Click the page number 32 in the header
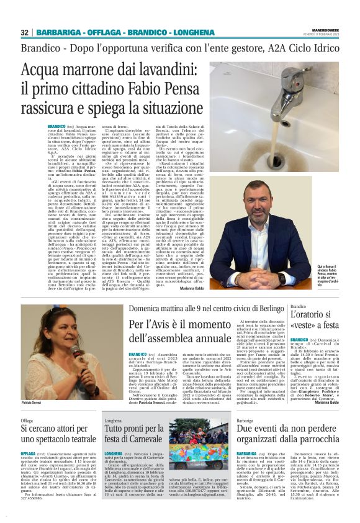click(25, 32)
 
